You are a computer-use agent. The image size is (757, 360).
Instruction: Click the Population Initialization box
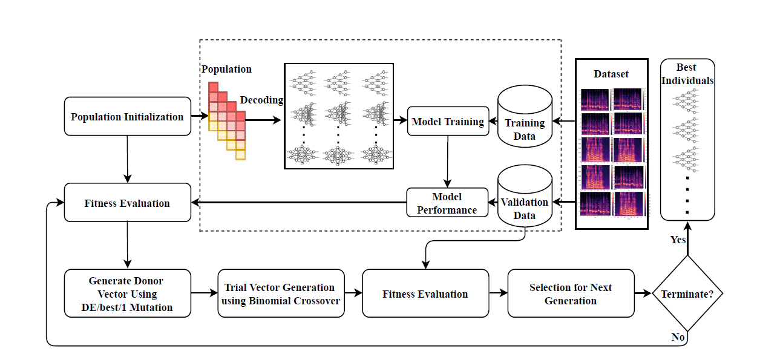point(127,117)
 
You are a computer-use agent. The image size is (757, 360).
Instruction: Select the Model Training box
point(448,122)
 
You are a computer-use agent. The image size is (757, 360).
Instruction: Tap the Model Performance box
point(447,203)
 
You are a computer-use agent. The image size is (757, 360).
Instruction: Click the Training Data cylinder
point(525,117)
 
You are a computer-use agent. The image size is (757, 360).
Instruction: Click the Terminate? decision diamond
point(687,294)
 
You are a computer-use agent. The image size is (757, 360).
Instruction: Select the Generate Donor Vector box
point(127,294)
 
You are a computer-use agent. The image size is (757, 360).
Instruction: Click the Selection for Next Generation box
point(571,294)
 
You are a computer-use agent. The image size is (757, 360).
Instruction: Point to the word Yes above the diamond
point(678,240)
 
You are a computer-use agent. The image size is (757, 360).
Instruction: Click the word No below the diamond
point(678,337)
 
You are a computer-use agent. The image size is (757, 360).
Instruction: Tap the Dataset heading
point(611,74)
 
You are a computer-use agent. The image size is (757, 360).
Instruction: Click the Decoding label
point(261,100)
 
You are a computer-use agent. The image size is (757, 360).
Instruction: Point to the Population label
point(226,69)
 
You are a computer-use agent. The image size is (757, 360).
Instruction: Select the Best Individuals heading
point(687,74)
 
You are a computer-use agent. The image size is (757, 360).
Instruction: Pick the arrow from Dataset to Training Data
point(564,122)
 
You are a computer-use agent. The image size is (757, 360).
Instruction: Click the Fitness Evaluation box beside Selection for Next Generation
point(425,294)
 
